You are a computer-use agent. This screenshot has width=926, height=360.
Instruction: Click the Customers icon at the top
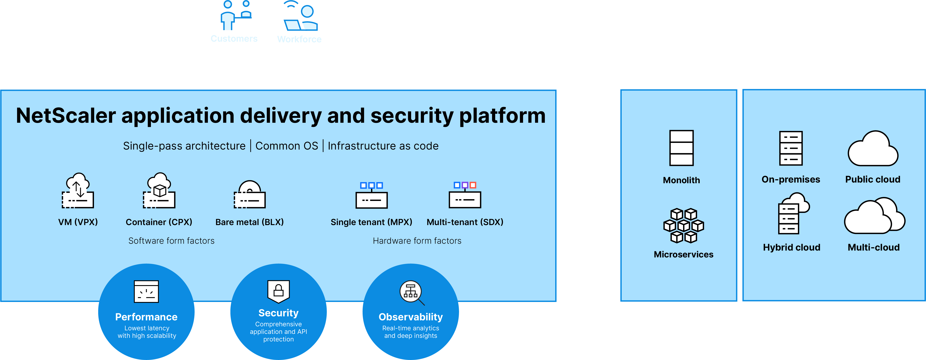(234, 15)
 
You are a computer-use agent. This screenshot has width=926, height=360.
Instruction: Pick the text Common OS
(287, 146)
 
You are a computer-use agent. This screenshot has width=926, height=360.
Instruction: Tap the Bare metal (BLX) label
(250, 222)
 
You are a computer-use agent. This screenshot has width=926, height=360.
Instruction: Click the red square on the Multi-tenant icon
(473, 185)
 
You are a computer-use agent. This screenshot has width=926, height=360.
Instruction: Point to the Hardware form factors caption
(417, 241)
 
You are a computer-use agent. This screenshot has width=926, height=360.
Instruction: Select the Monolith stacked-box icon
(681, 148)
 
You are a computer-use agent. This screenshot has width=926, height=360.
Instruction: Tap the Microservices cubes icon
(683, 226)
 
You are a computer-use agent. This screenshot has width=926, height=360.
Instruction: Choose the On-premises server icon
(791, 148)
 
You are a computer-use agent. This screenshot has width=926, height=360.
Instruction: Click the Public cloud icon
(873, 149)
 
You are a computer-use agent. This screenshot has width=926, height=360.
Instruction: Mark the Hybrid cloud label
(791, 247)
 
